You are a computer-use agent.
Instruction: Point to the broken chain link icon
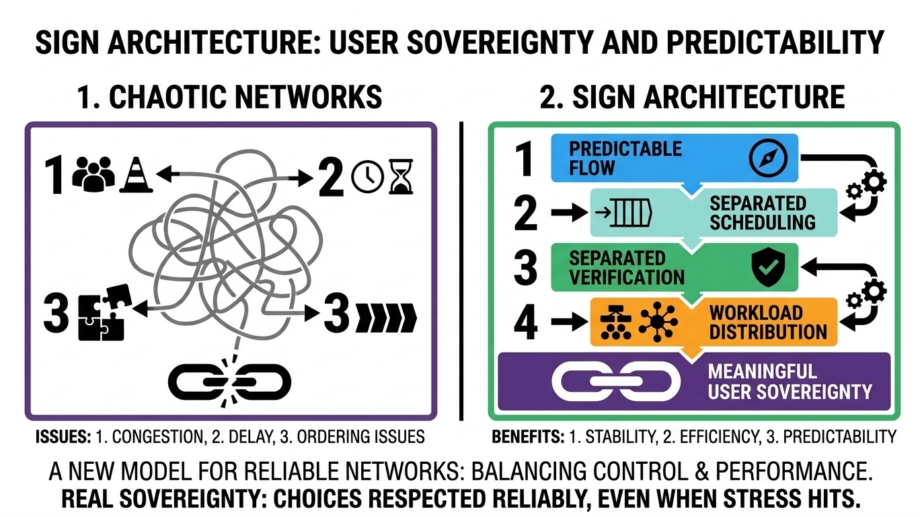229,382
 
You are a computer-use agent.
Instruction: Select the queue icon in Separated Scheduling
623,213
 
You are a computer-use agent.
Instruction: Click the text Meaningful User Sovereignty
790,382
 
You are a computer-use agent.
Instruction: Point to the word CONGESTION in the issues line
157,437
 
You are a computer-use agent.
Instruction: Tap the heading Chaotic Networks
229,97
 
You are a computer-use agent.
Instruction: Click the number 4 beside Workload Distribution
526,323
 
